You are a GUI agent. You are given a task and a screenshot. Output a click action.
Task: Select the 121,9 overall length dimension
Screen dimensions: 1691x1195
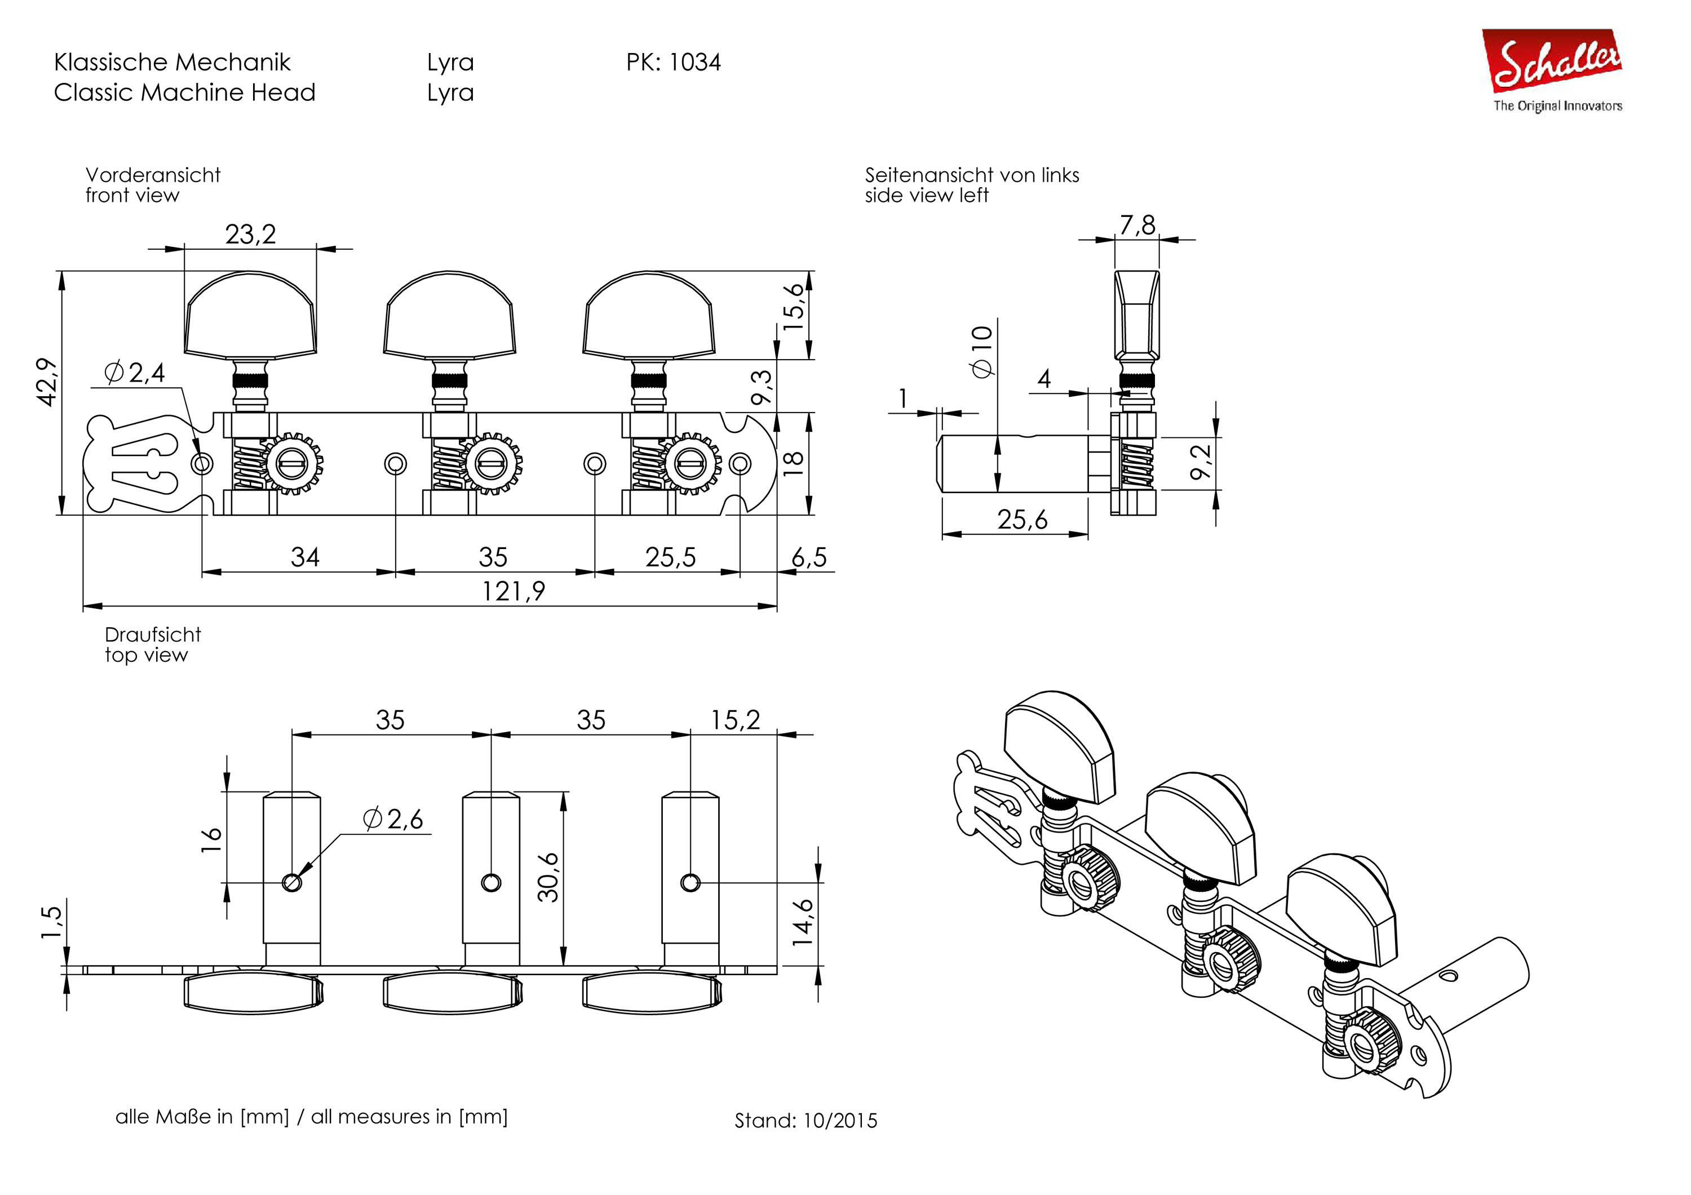514,591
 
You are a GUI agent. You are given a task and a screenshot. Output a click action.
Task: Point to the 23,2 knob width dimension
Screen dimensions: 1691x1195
250,234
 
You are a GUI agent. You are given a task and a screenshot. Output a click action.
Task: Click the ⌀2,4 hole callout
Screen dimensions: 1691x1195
135,373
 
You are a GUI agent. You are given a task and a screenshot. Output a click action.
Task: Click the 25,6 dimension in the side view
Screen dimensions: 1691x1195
1022,520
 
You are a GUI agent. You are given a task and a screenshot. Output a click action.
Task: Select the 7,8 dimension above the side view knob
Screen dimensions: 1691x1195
1137,224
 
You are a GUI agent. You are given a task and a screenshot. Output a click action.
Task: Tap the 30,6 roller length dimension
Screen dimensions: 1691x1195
548,877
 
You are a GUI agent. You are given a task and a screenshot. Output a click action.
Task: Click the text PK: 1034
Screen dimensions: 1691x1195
673,62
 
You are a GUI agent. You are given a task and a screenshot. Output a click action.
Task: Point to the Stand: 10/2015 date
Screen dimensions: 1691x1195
805,1120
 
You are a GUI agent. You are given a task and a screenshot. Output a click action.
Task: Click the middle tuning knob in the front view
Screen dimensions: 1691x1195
449,315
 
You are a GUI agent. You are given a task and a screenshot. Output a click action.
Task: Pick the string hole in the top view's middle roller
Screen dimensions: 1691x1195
490,882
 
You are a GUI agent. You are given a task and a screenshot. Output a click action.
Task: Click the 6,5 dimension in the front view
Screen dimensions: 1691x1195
809,557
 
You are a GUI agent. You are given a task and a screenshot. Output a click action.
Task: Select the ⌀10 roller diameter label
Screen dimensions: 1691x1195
982,351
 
